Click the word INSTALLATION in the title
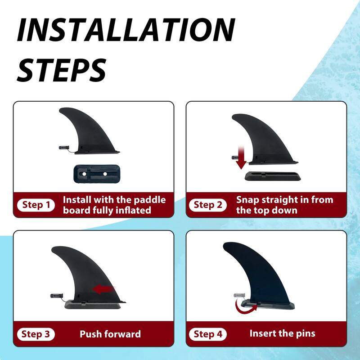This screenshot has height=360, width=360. tap(126, 31)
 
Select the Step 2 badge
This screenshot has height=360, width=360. tap(207, 205)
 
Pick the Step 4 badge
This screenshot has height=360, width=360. tap(207, 334)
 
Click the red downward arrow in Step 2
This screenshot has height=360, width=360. tap(241, 159)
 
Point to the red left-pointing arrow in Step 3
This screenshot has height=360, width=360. tap(103, 290)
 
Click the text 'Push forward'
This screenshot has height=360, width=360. tap(110, 334)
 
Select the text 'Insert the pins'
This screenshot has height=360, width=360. tap(282, 333)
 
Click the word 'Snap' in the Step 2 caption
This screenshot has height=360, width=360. tap(248, 200)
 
